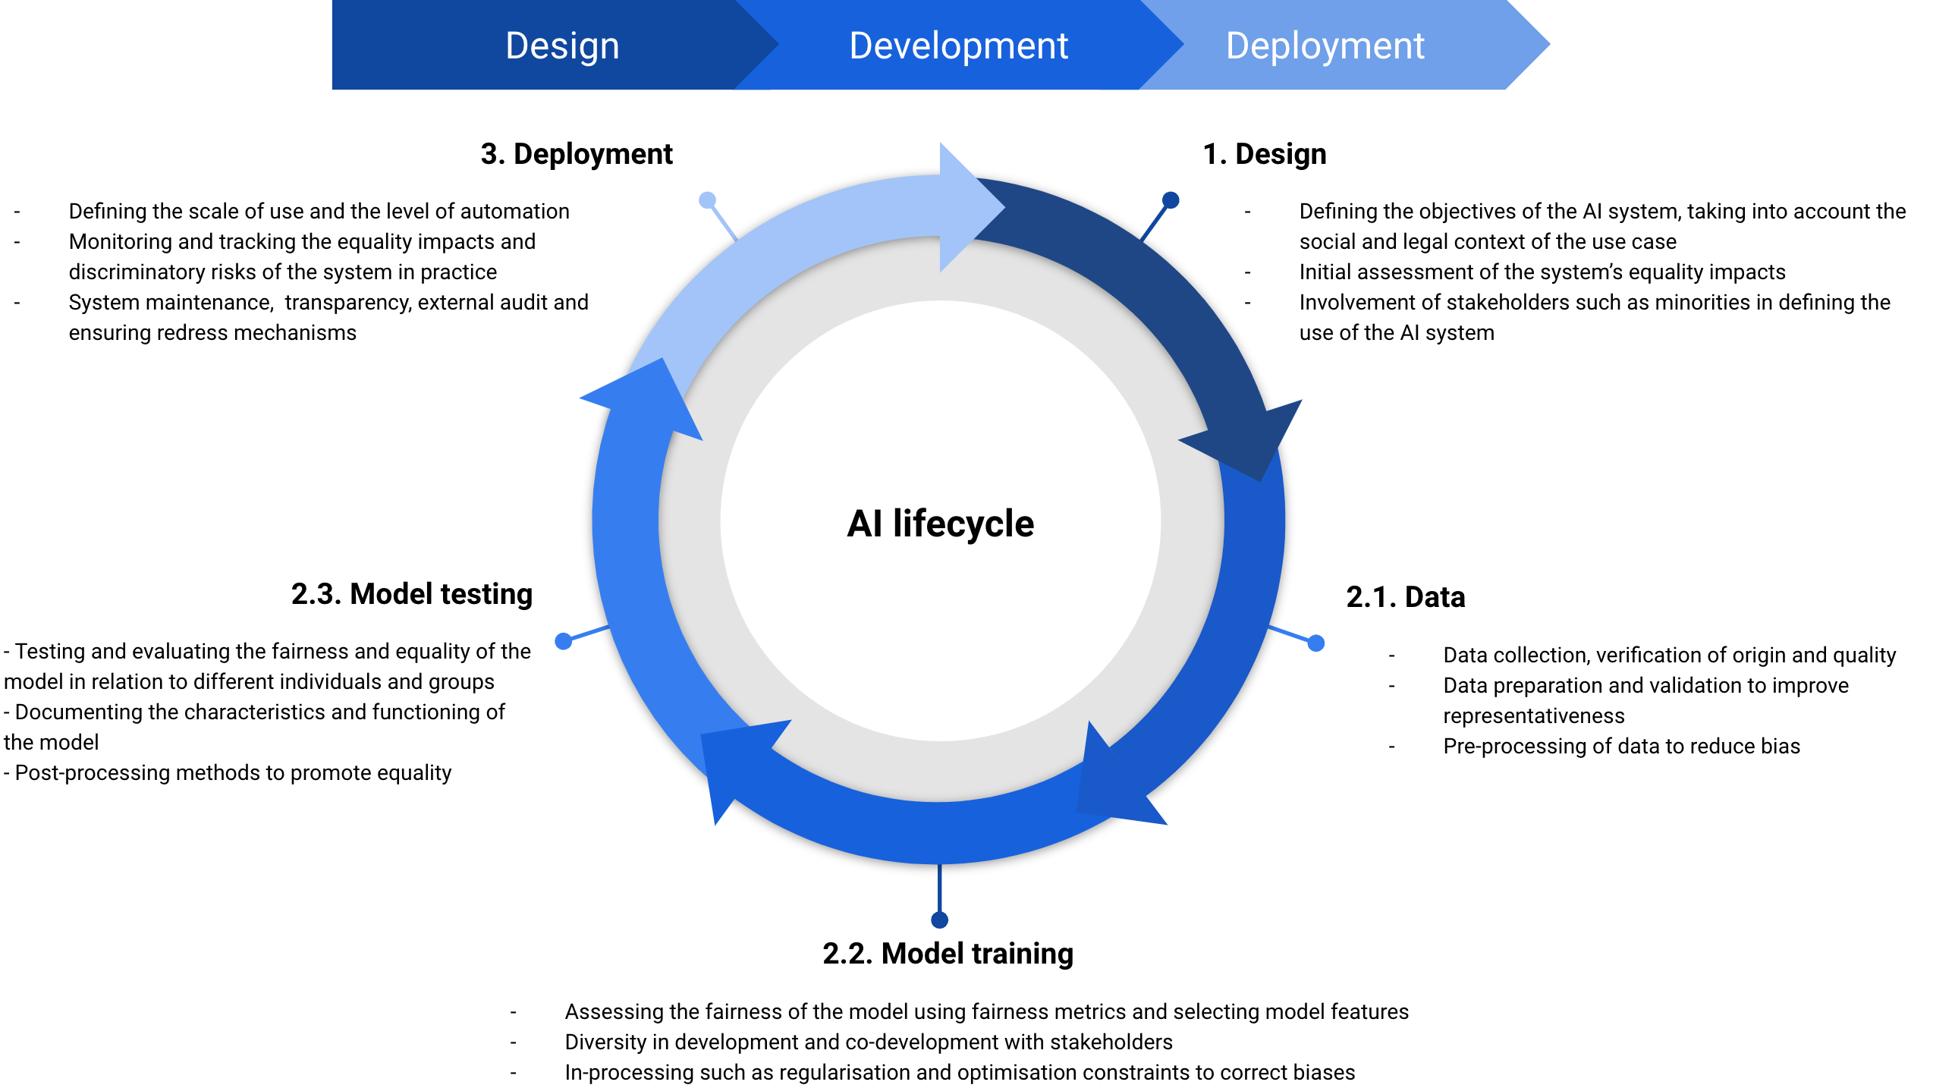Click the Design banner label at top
562,46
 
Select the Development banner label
958,46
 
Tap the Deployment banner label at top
1325,46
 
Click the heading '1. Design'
1264,154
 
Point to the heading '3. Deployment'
577,154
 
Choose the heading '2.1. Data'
1405,597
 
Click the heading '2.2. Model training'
948,954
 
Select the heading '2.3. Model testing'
412,594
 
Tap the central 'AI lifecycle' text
940,524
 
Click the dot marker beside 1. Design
1171,200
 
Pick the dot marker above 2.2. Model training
939,920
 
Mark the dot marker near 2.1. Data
1316,643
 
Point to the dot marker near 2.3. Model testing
563,641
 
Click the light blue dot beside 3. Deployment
707,200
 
